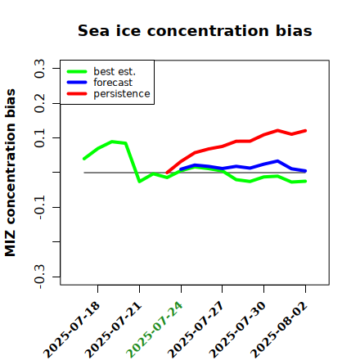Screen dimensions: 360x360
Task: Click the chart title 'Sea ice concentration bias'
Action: point(195,30)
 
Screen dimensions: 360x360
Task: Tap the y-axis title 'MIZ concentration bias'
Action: point(10,173)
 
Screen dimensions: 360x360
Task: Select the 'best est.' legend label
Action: point(115,71)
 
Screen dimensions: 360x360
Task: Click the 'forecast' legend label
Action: point(113,83)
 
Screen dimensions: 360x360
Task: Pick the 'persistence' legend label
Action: point(122,94)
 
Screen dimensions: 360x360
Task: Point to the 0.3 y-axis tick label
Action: point(39,69)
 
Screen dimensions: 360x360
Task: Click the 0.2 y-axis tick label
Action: point(39,103)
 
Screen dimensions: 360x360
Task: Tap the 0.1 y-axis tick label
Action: point(39,138)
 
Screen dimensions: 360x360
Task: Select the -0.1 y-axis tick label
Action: point(39,208)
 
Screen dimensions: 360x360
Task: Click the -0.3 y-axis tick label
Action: point(39,277)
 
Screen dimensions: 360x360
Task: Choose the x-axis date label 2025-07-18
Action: point(72,330)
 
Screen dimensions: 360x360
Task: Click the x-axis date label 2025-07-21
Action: point(114,330)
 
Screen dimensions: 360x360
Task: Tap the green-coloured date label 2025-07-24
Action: point(155,330)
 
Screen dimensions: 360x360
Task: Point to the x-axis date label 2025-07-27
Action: point(196,330)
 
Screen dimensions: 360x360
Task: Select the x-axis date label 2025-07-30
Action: point(237,330)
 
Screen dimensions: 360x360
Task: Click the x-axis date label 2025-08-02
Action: point(279,330)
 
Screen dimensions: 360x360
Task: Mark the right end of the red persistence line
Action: point(305,131)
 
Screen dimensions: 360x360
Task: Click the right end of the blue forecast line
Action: point(305,171)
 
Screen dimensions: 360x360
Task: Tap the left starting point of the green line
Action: point(84,159)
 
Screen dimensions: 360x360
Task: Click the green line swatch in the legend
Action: point(77,71)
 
